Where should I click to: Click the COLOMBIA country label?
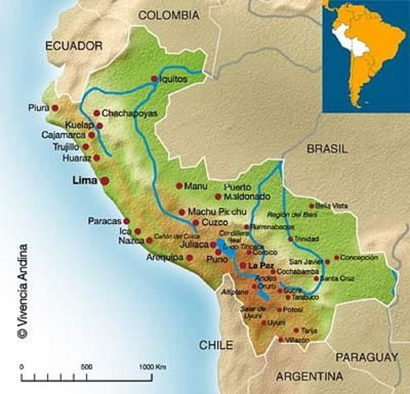tap(168, 16)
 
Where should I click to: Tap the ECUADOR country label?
tap(74, 45)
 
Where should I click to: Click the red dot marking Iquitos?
tap(154, 79)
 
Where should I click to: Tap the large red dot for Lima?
tap(104, 180)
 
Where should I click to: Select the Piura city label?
tap(38, 108)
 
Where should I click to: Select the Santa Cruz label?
tap(339, 278)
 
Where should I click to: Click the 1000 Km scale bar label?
tap(152, 365)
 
